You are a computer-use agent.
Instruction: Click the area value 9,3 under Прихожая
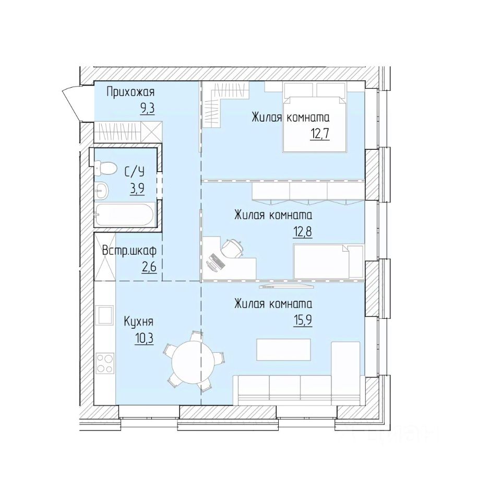148,109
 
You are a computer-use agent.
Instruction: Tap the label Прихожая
130,92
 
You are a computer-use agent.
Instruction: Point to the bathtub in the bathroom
124,214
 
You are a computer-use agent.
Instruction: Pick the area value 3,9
137,189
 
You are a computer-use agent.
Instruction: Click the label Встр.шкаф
129,251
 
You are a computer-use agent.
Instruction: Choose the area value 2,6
149,266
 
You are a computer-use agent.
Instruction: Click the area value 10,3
144,338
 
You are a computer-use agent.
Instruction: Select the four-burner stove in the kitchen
105,363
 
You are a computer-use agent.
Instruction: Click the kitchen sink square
105,315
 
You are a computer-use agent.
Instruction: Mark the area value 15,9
303,320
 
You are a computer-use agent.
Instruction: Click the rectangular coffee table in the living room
284,350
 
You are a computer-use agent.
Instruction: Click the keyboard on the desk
218,261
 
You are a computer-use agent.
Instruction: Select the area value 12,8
302,232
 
